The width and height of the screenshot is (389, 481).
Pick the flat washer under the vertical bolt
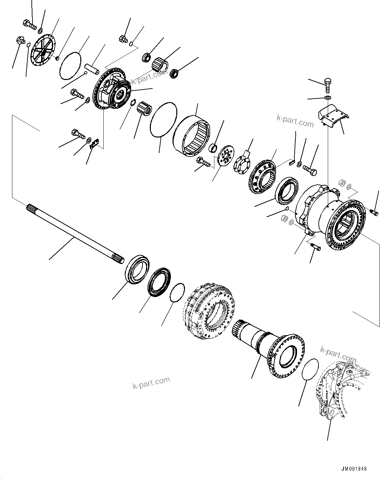[327, 97]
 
